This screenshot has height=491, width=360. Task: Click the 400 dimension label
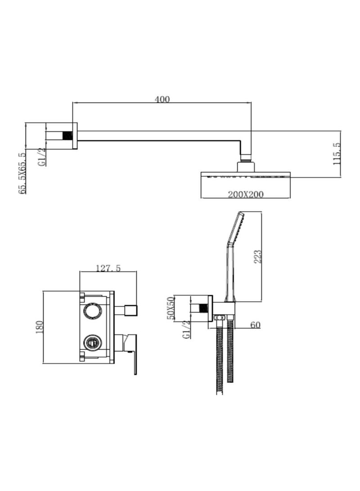click(162, 99)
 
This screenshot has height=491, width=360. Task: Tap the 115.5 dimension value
click(337, 153)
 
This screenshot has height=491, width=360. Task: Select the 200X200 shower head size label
click(245, 194)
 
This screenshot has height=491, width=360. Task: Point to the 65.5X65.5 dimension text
click(22, 173)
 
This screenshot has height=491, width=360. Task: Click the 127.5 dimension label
click(108, 268)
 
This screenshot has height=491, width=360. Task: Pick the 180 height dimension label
click(39, 327)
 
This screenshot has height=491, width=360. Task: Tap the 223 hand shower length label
click(257, 256)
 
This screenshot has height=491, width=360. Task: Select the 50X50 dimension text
click(171, 308)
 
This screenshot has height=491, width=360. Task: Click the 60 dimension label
click(255, 325)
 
